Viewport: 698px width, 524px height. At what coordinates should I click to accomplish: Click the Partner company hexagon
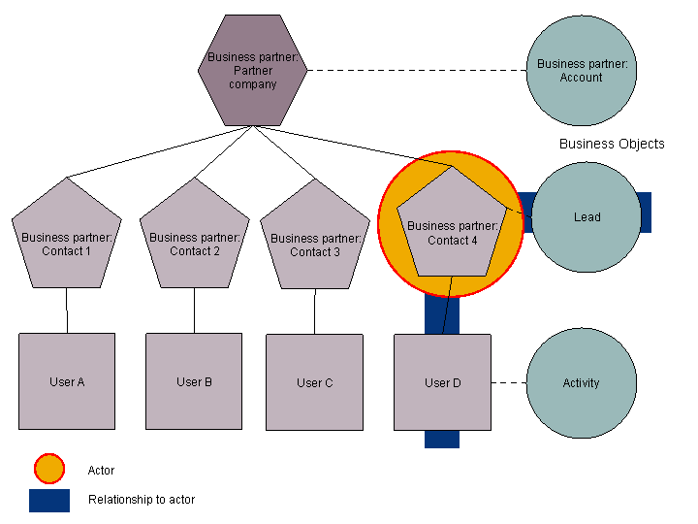(x=252, y=71)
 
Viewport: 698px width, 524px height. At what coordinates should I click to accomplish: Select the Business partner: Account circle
(x=582, y=71)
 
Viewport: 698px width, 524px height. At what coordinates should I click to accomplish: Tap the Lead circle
(x=587, y=217)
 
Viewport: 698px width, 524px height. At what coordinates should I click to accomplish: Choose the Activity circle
(x=581, y=383)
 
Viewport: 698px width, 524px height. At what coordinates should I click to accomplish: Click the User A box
(x=67, y=381)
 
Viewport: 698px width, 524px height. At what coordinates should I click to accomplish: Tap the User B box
(x=194, y=381)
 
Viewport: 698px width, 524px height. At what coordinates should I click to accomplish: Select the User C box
(x=314, y=382)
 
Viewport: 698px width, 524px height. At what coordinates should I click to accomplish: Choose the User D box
(x=442, y=382)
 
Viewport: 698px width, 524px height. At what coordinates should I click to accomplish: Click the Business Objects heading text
(x=612, y=144)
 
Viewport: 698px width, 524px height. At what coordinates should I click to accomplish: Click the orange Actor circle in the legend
(x=48, y=470)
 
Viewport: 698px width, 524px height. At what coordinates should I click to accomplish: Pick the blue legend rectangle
(x=48, y=500)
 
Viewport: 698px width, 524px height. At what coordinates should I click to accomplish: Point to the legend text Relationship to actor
(x=141, y=500)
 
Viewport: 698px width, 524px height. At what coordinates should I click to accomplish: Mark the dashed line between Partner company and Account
(x=417, y=70)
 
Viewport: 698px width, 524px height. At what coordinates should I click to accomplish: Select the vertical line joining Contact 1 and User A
(x=67, y=311)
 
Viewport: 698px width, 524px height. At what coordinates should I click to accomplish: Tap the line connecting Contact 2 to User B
(x=194, y=311)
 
